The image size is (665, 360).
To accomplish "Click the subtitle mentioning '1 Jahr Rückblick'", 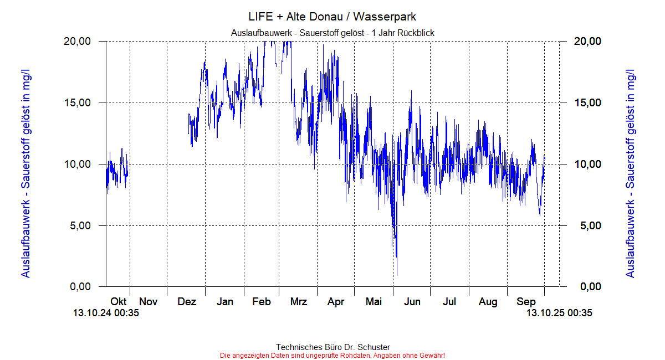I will point(332,33).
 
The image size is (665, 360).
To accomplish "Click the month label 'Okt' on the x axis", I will point(119,302).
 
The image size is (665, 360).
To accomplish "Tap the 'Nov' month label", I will point(149,302).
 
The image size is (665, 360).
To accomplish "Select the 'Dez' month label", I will point(187,302).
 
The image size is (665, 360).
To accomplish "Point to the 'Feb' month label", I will point(262,302).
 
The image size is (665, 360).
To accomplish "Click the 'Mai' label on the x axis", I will point(374,302).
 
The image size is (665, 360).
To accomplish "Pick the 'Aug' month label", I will point(488,302).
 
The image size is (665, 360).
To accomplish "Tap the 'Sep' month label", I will point(526,302).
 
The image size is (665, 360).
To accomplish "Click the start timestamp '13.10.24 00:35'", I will point(106,313).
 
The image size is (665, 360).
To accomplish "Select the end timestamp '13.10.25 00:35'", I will point(559,313).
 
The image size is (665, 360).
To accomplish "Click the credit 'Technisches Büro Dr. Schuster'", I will point(332,347).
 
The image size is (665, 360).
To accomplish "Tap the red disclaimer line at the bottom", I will point(332,355).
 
